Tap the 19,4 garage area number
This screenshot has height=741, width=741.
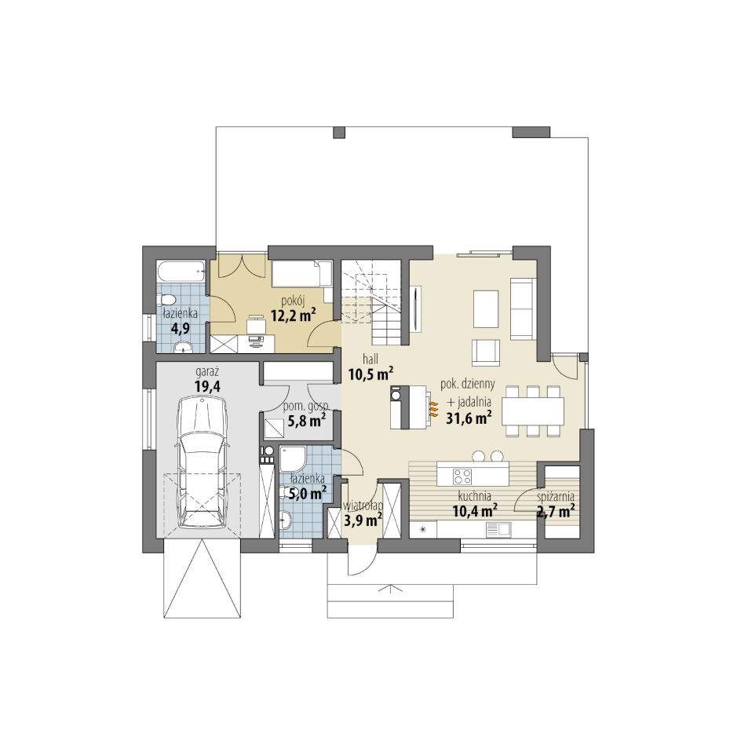point(207,386)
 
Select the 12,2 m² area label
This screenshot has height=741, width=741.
point(293,315)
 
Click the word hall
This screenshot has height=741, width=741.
point(370,360)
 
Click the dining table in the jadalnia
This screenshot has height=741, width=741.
point(533,411)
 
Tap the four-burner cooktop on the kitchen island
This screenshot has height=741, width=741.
point(462,476)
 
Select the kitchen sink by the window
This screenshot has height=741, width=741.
point(498,530)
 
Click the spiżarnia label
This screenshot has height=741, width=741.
point(556,497)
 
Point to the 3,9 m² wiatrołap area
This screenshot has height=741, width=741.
point(363,520)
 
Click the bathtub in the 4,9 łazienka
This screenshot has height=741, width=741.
point(181,272)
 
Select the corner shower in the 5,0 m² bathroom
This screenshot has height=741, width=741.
point(293,458)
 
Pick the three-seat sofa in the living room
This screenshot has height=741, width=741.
point(523,308)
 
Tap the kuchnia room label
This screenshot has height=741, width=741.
point(474,496)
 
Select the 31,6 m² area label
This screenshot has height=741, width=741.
point(469,418)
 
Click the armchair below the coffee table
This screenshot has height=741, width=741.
point(486,352)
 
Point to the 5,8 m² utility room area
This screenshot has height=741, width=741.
point(307,420)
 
